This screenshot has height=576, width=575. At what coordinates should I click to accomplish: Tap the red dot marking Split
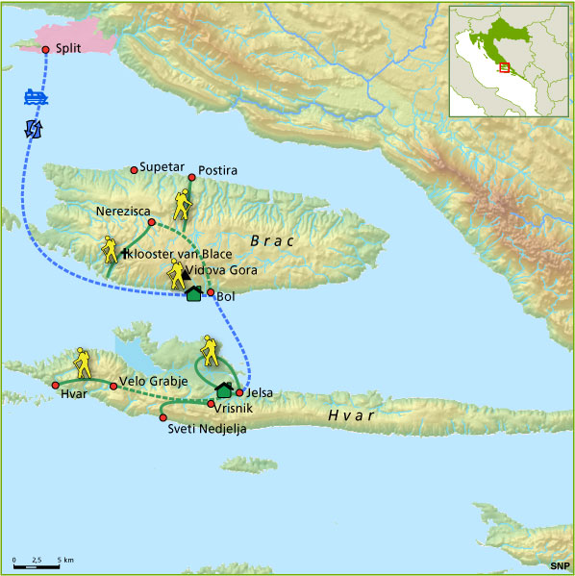tap(45, 50)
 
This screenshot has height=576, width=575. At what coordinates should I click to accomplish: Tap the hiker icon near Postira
tap(183, 203)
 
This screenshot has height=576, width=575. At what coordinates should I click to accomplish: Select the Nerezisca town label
tap(122, 210)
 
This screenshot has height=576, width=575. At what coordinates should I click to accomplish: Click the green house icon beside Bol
tap(193, 293)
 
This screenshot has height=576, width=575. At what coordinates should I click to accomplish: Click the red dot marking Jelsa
tap(239, 392)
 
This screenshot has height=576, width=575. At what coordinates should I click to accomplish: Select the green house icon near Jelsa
tap(224, 389)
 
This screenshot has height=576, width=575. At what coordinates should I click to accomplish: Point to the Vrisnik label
tap(237, 408)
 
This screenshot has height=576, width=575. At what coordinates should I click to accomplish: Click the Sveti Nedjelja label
tap(207, 429)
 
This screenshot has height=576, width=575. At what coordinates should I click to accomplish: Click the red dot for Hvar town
tap(55, 385)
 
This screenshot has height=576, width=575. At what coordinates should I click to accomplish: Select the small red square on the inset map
tap(503, 67)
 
